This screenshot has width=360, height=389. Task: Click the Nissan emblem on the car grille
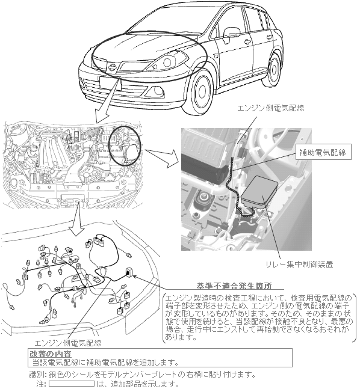click(x=112, y=66)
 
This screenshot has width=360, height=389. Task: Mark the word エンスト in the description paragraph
click(x=247, y=329)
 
